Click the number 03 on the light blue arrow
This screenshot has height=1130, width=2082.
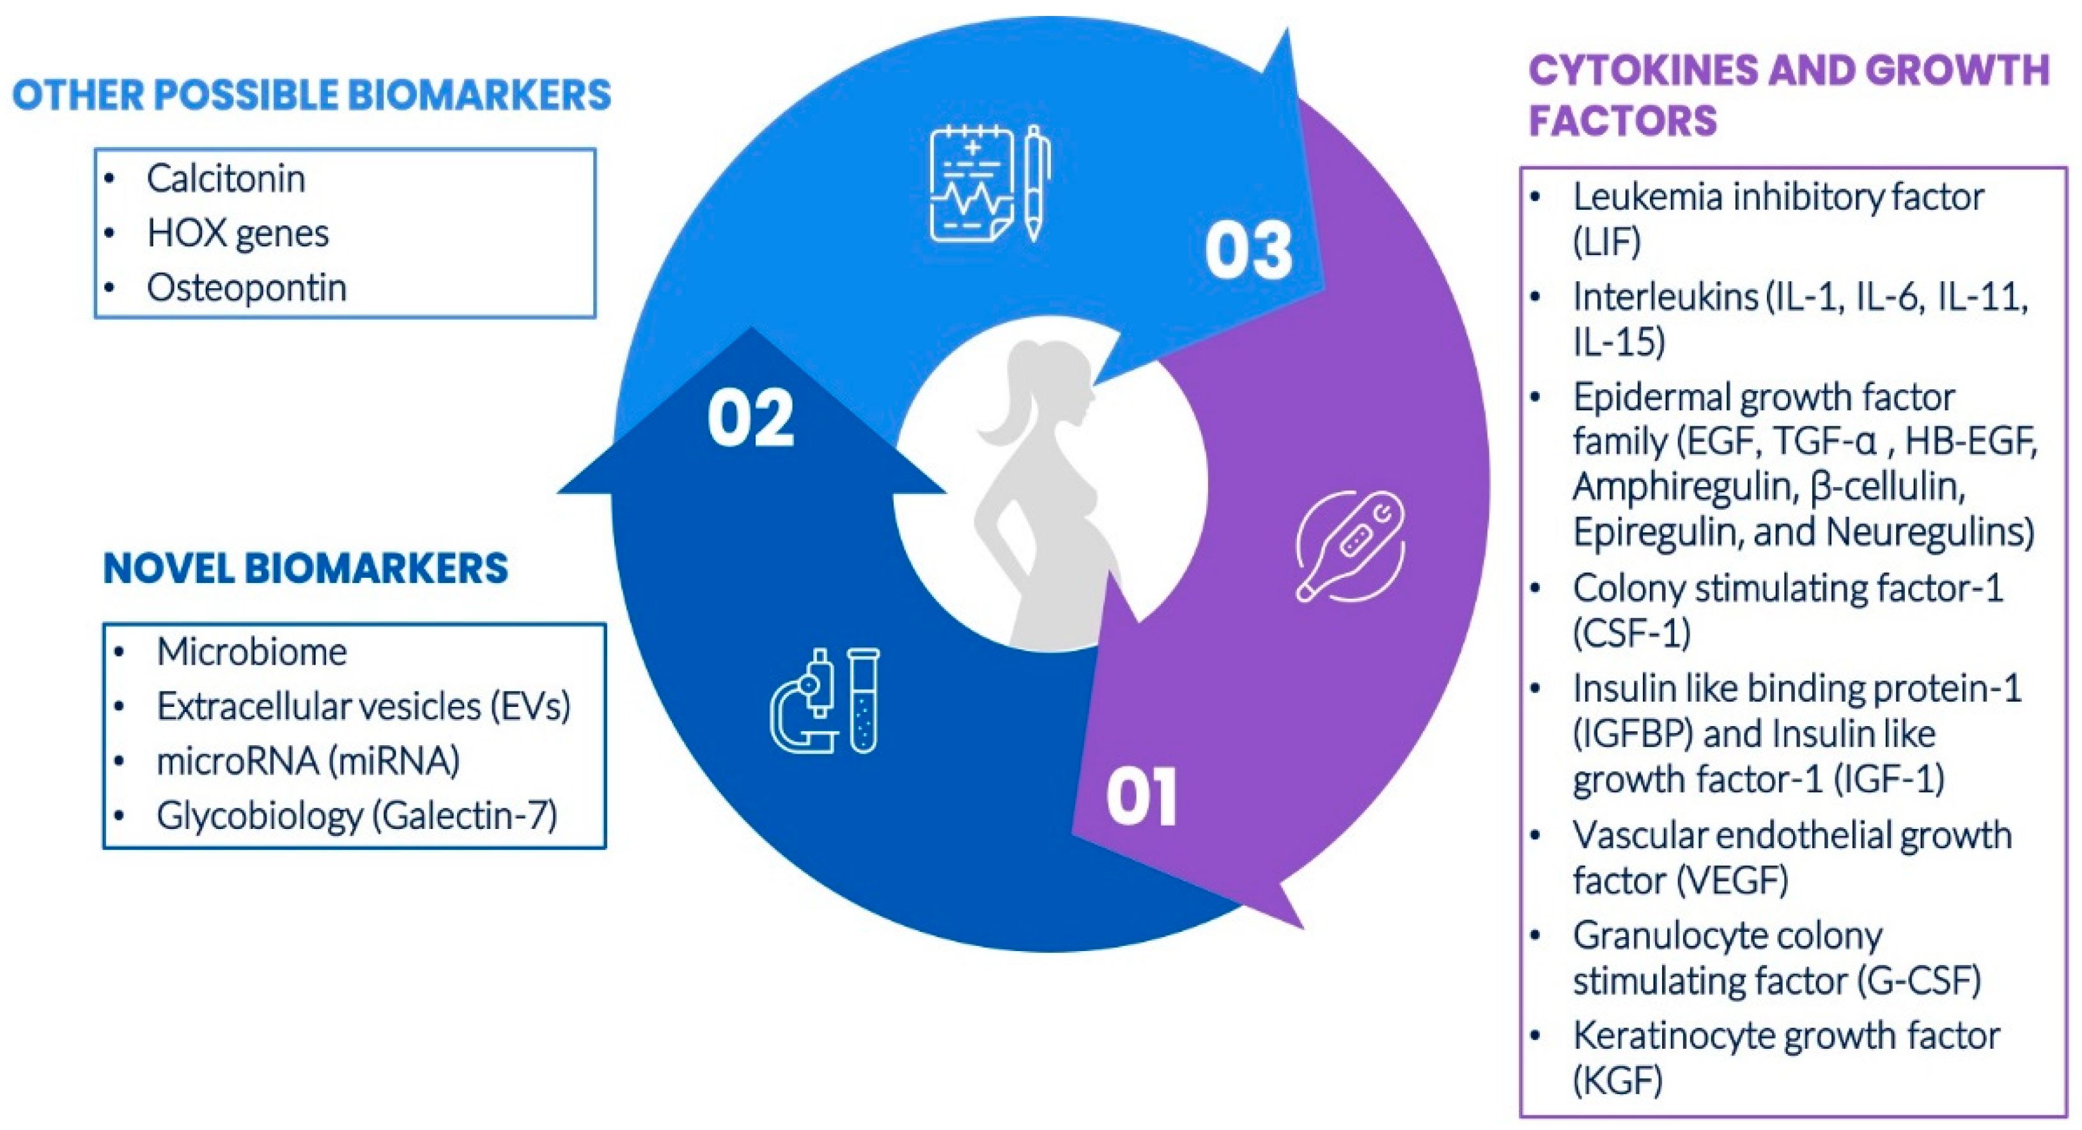(x=1248, y=251)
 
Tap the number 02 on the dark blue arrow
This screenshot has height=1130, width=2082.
(x=751, y=418)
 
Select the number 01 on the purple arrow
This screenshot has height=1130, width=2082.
(x=1141, y=798)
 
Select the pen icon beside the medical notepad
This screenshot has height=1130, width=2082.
(x=1034, y=183)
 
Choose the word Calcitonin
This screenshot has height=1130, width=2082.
(x=226, y=178)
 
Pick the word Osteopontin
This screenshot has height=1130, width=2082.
(x=247, y=288)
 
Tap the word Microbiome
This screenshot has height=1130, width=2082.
(x=251, y=651)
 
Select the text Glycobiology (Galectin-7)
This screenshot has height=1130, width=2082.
(x=357, y=816)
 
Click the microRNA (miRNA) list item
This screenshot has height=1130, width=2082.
(x=308, y=761)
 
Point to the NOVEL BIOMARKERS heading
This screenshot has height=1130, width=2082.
(x=306, y=568)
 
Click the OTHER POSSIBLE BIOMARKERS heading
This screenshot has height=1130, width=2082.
(x=312, y=95)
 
